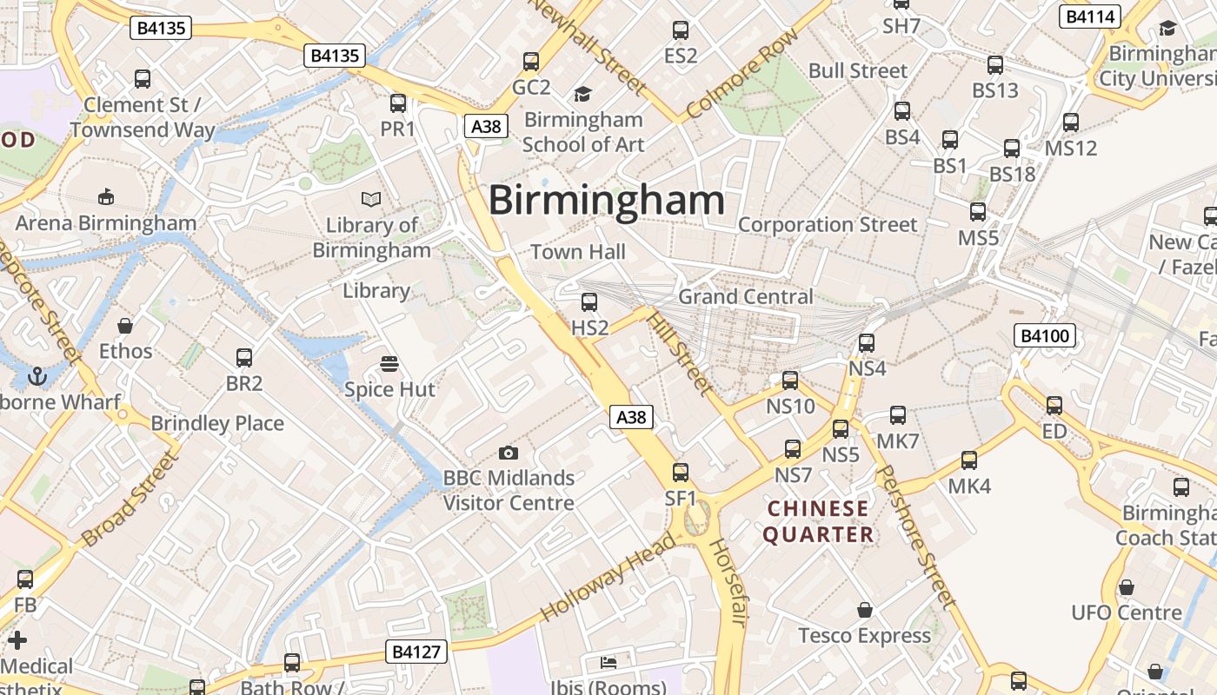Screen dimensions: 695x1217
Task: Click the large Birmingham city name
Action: pos(606,201)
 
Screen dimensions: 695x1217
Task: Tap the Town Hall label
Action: pos(578,252)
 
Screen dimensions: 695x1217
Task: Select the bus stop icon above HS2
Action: pos(589,302)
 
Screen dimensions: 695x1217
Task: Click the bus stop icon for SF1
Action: pos(681,473)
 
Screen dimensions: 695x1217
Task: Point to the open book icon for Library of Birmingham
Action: pos(371,200)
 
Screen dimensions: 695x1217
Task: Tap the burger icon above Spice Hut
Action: pos(389,363)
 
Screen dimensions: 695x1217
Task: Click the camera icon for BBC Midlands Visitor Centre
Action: pos(509,453)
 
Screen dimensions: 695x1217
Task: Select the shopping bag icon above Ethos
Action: pos(125,326)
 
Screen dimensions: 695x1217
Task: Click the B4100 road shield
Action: pos(1045,335)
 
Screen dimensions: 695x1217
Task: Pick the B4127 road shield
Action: pos(416,652)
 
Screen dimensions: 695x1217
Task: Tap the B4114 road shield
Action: pos(1090,16)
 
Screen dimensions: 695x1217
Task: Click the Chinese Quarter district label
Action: pos(818,521)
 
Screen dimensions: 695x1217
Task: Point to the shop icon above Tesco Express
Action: pos(864,610)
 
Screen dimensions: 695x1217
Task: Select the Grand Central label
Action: pos(746,296)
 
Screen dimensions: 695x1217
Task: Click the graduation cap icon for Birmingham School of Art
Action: pos(582,94)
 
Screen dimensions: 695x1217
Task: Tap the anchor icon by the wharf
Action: pos(37,376)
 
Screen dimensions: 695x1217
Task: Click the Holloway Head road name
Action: pos(608,576)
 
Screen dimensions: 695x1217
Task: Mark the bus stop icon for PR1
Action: pos(398,103)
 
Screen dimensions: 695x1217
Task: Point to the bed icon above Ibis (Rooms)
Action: pos(608,662)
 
